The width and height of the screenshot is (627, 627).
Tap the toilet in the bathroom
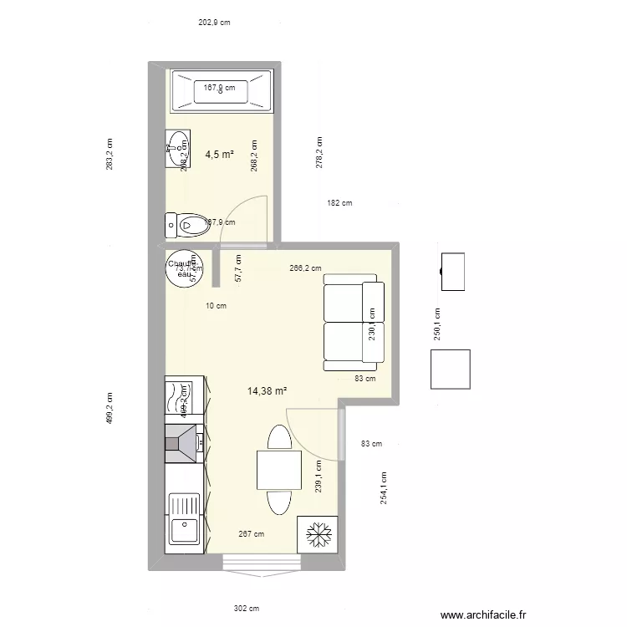coord(186,223)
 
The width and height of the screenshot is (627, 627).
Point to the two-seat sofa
coord(353,326)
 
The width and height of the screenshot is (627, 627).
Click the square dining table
coord(279,470)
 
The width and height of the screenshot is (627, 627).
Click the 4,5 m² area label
coord(219,154)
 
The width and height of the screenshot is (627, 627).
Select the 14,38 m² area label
coord(268,390)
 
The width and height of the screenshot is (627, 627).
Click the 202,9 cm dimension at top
coord(214,23)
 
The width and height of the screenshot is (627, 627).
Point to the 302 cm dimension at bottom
coord(247,609)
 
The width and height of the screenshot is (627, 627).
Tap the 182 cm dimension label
coord(339,203)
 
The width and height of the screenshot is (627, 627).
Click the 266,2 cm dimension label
coord(305,268)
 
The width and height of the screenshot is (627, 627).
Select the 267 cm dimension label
coord(251,534)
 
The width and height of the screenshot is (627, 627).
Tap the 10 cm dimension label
coord(216,306)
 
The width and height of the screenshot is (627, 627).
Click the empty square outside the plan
coord(450,370)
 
